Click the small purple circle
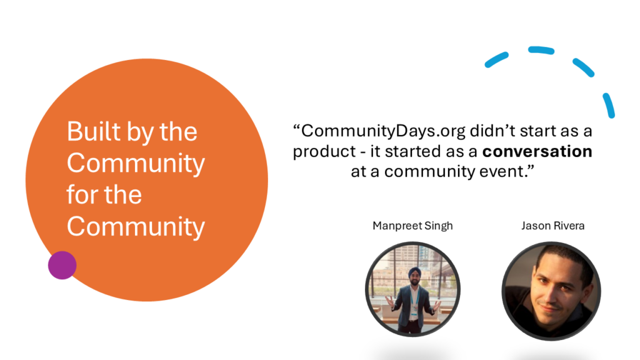click(x=62, y=265)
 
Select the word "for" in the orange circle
click(x=83, y=194)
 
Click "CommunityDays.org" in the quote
click(x=383, y=131)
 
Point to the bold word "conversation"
click(x=537, y=151)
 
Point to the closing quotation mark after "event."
click(x=530, y=167)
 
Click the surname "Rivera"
click(x=567, y=226)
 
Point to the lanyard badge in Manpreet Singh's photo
click(x=414, y=310)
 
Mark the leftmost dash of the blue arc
click(x=496, y=59)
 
